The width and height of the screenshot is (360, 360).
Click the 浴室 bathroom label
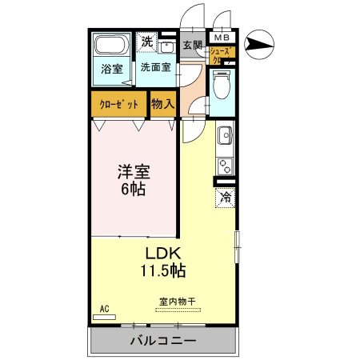tap(111, 69)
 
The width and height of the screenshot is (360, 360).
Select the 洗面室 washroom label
tap(155, 68)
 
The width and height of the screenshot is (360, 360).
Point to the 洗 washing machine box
tap(148, 42)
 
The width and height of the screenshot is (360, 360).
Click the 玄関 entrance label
tap(192, 46)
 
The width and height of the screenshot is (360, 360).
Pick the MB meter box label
tap(220, 38)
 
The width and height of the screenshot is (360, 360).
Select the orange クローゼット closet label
tap(118, 104)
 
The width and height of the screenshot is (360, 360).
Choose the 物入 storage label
tap(163, 103)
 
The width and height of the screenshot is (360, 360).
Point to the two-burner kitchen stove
tap(225, 166)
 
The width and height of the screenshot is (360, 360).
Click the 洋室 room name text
tap(134, 172)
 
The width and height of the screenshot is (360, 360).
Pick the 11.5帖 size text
tap(166, 271)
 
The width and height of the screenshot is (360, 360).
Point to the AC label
tap(104, 308)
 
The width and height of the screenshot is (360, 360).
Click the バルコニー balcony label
tap(163, 341)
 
